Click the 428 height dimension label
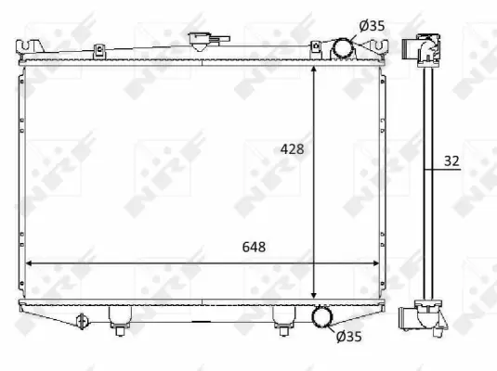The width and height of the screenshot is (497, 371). [293, 147]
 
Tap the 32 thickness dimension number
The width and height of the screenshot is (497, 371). [451, 161]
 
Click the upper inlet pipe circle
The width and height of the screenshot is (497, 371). [342, 47]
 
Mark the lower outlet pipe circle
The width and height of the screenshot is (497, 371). [323, 317]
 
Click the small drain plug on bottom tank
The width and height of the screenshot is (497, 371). [82, 320]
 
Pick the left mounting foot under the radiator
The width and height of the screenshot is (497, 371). [118, 318]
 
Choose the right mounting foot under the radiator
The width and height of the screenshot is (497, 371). [282, 318]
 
